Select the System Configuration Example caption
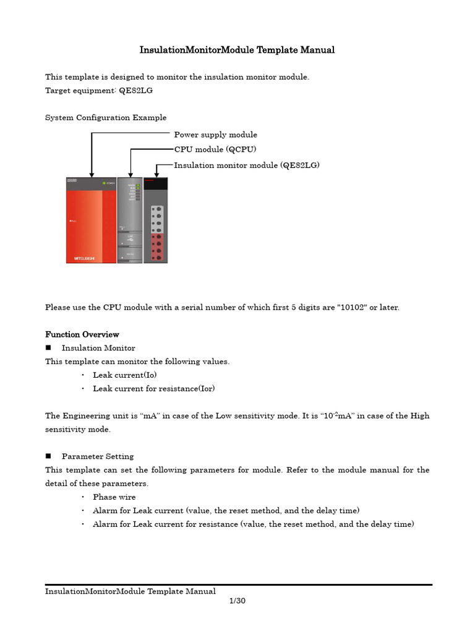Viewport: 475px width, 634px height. (106, 118)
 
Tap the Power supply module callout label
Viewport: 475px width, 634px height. (215, 134)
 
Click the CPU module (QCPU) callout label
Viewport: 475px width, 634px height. (215, 149)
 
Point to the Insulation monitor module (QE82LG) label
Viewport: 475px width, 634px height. (247, 165)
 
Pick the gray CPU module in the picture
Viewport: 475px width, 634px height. (130, 220)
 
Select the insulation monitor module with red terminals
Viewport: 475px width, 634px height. (156, 220)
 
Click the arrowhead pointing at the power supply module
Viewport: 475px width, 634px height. (92, 174)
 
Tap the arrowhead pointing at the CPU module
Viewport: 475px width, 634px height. (130, 174)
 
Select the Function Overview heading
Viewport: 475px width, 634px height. (82, 334)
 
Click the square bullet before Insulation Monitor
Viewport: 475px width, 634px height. (48, 348)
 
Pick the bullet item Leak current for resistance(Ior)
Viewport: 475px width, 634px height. (154, 389)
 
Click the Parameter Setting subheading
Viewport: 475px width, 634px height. (98, 456)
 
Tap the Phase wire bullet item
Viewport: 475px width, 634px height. (114, 497)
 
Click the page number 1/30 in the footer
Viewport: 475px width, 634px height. (237, 601)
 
